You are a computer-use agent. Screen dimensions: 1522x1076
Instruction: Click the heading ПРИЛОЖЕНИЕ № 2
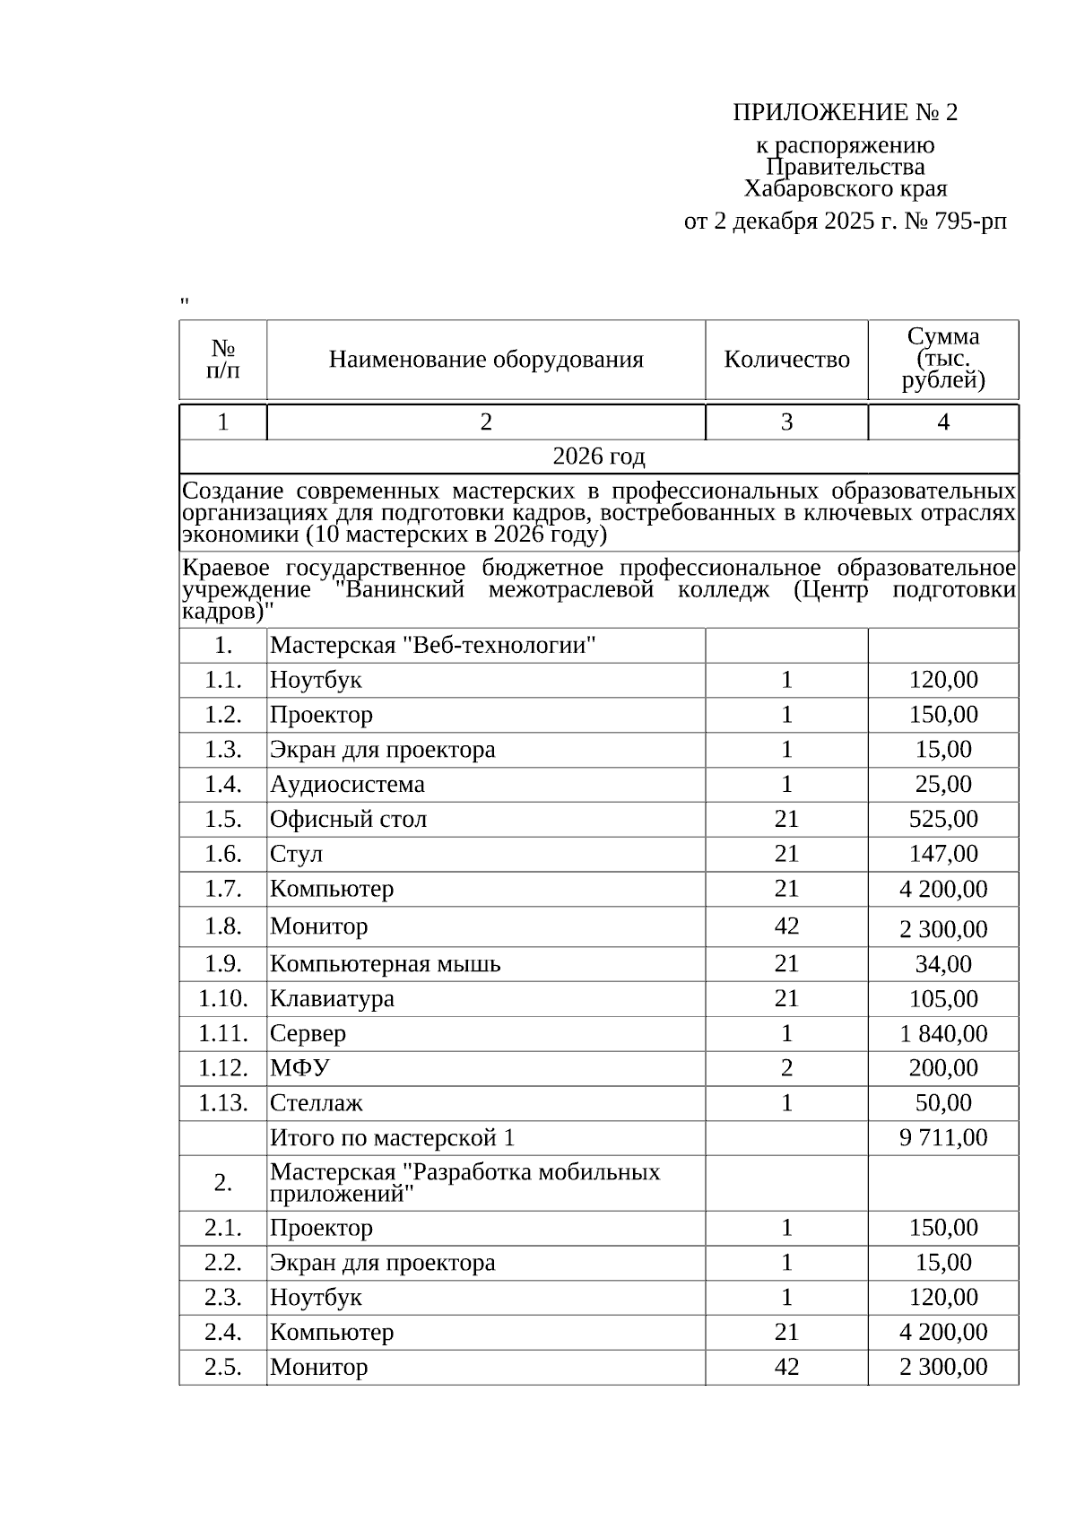[x=845, y=113]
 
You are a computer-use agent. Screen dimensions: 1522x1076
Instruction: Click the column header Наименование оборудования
[x=486, y=360]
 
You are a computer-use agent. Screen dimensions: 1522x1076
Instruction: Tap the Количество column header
[x=786, y=360]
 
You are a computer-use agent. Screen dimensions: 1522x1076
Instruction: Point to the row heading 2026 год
[x=598, y=457]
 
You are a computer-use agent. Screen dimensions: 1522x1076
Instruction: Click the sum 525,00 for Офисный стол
[x=943, y=819]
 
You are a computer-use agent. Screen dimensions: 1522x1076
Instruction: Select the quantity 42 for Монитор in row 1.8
[x=786, y=926]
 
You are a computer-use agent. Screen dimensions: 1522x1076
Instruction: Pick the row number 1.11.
[x=223, y=1033]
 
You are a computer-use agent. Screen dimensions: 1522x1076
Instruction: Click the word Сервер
[x=308, y=1033]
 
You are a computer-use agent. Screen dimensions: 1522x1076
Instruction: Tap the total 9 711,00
[x=943, y=1138]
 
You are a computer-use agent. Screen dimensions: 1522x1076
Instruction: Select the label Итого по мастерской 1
[x=392, y=1138]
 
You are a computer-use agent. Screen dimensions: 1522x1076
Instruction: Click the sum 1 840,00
[x=943, y=1033]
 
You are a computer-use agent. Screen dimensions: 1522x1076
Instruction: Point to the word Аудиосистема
[x=347, y=784]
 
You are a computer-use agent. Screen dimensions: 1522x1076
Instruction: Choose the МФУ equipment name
[x=299, y=1068]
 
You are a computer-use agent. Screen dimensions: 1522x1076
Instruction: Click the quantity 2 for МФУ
[x=786, y=1068]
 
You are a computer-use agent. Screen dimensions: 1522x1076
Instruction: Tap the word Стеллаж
[x=317, y=1103]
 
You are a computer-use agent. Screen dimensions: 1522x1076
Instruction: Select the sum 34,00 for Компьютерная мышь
[x=943, y=964]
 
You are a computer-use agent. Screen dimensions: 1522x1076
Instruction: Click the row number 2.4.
[x=223, y=1332]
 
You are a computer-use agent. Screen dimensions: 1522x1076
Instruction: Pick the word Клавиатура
[x=332, y=998]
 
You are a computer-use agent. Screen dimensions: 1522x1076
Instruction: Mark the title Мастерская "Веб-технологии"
[x=433, y=645]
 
